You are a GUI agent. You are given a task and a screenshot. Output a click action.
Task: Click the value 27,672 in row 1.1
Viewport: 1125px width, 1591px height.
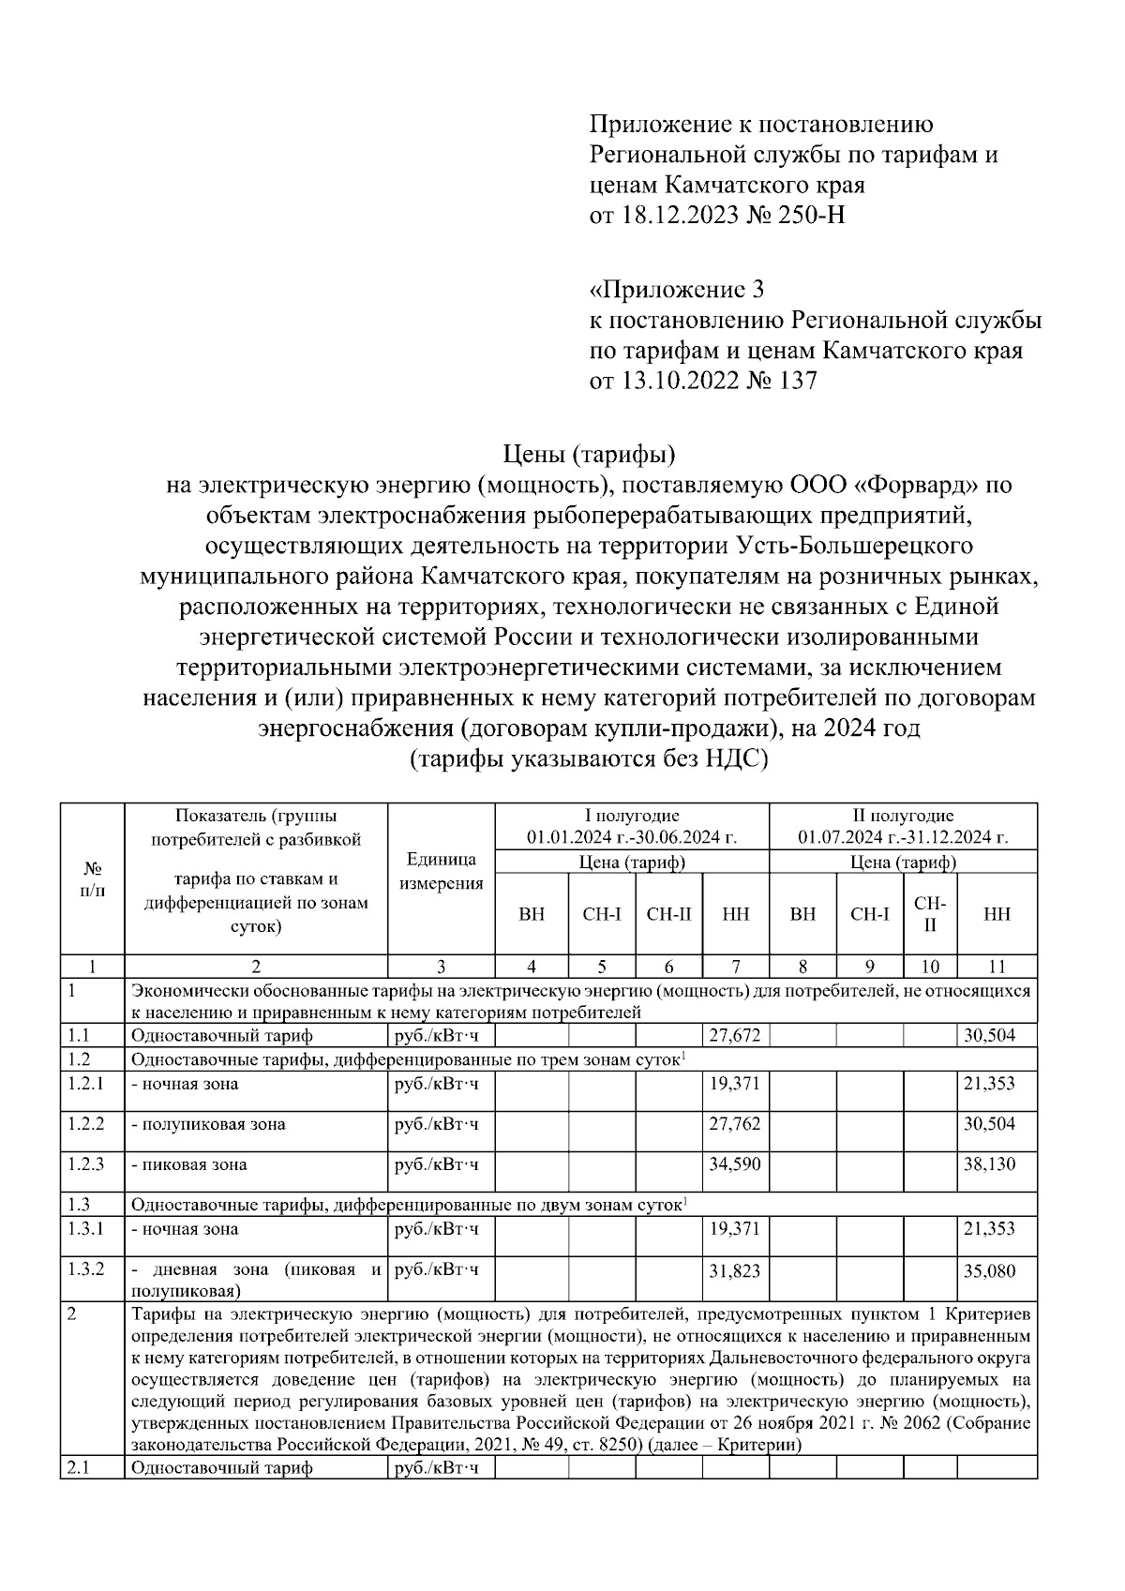[734, 1036]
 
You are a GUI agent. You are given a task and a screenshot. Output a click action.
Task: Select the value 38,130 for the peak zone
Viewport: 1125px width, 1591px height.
[988, 1164]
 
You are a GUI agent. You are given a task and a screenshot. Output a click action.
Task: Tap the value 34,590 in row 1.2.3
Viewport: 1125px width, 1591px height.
[734, 1164]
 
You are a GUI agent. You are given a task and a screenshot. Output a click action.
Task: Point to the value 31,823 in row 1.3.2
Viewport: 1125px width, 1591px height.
[734, 1271]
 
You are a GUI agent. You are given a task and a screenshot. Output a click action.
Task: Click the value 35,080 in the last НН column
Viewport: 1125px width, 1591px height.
[988, 1271]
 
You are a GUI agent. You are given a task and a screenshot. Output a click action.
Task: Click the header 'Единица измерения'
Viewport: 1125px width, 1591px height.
[441, 872]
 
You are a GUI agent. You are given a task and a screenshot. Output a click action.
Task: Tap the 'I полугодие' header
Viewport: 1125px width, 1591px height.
[631, 816]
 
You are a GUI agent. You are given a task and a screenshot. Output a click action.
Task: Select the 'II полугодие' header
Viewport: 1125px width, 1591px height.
[903, 816]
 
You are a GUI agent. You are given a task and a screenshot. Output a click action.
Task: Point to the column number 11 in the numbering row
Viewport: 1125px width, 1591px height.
[997, 967]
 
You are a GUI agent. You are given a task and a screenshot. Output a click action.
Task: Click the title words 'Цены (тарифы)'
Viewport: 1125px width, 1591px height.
[589, 455]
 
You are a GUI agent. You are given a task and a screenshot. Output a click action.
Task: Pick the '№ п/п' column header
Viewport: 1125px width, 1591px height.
[92, 879]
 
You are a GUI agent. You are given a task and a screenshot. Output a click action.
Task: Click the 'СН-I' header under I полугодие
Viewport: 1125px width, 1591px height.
[601, 914]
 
